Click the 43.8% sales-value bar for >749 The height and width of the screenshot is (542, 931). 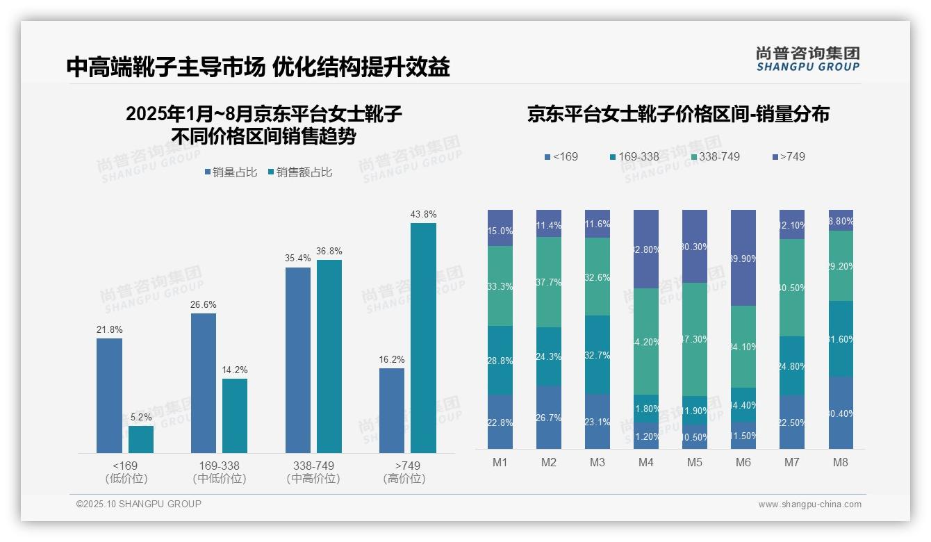click(x=423, y=338)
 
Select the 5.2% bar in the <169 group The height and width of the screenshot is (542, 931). click(x=141, y=439)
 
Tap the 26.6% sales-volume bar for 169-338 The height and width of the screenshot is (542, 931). click(x=204, y=383)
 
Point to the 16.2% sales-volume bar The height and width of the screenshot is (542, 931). click(x=392, y=410)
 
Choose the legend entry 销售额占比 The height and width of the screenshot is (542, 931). click(x=299, y=172)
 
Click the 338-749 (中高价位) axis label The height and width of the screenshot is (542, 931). click(x=313, y=472)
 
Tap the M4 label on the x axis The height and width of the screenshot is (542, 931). click(x=645, y=462)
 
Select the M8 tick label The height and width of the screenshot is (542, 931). click(x=840, y=462)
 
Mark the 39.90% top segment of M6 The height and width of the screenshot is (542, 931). click(x=743, y=258)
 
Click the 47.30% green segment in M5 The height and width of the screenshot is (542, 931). click(x=694, y=339)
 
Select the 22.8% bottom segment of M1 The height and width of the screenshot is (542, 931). click(x=500, y=422)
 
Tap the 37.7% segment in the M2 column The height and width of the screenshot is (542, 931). click(x=549, y=282)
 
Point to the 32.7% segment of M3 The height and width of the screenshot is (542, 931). click(x=598, y=355)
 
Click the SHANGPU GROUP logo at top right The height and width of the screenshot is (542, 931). click(x=807, y=59)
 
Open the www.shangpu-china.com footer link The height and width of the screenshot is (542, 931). click(x=809, y=504)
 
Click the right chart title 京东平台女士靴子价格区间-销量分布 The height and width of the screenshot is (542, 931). click(x=678, y=115)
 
